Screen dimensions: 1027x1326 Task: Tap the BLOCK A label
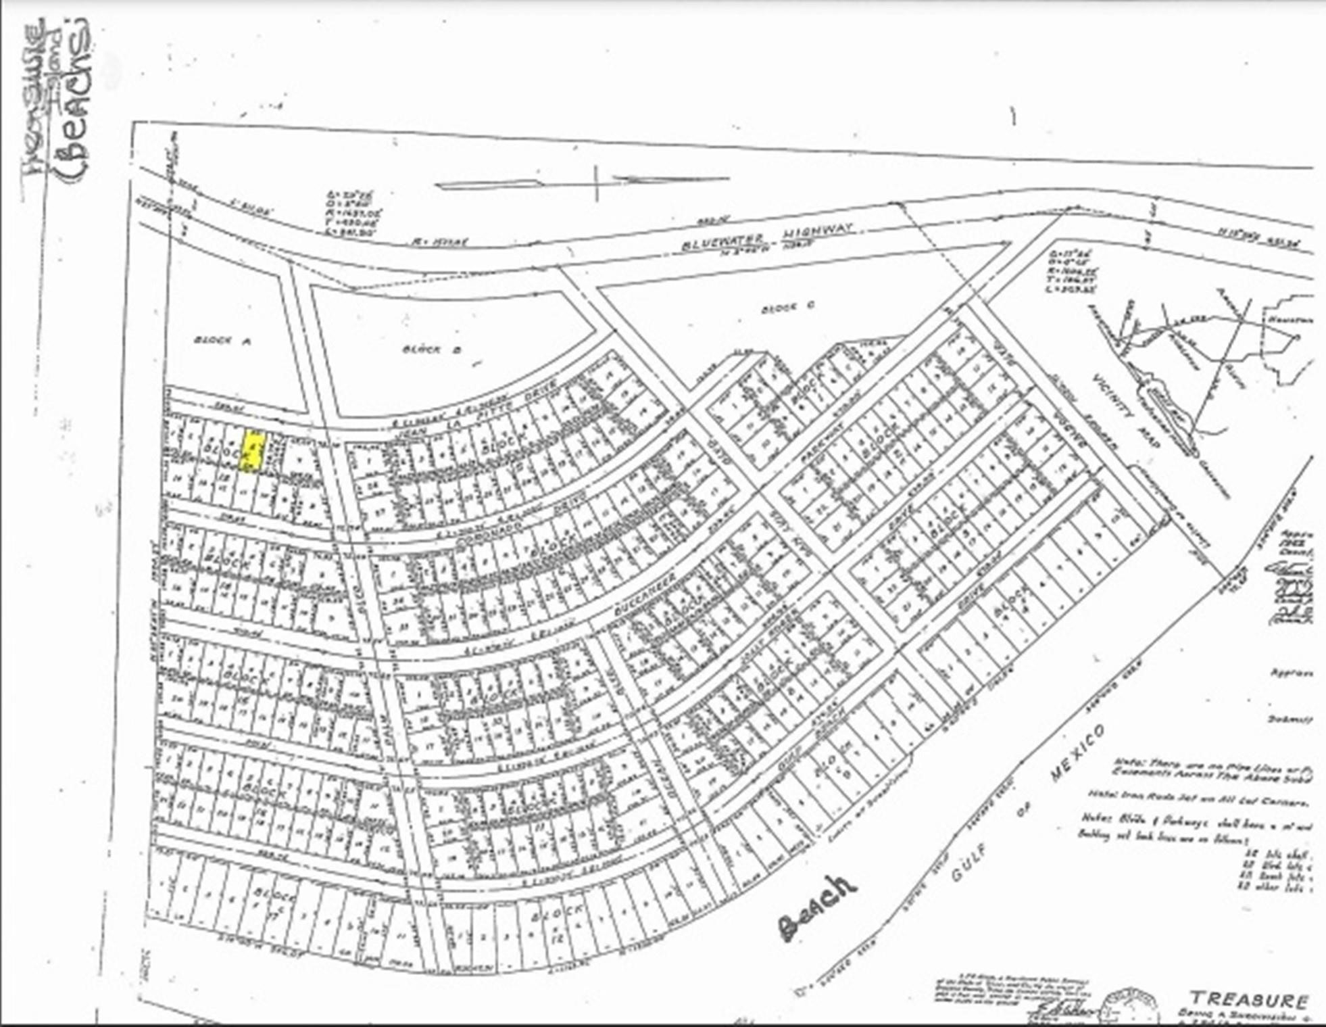pos(222,340)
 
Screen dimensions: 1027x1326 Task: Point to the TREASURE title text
pos(1249,999)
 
